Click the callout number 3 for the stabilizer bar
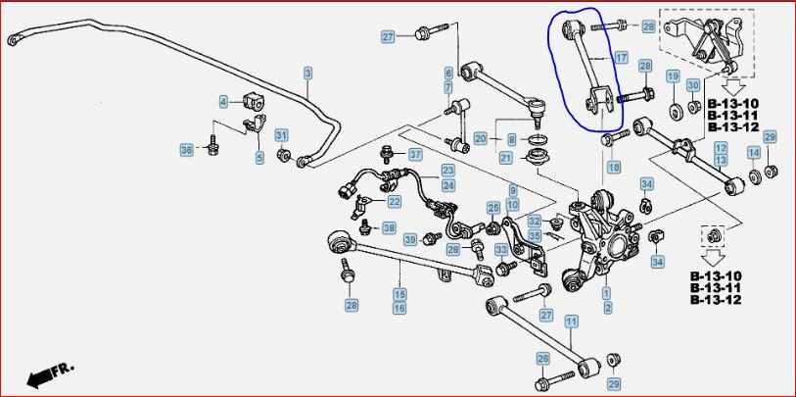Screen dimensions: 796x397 point(308,74)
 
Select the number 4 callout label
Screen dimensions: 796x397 point(223,102)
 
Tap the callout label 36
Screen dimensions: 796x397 point(187,150)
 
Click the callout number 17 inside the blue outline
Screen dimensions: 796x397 point(622,58)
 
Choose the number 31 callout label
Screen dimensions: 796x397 point(281,135)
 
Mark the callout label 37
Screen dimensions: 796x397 point(415,154)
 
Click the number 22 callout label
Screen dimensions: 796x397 point(394,202)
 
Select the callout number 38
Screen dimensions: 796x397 point(389,228)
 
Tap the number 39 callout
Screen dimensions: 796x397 point(411,239)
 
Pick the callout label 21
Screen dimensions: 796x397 point(505,158)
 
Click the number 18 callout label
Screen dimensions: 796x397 point(614,167)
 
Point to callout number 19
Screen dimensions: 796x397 point(673,77)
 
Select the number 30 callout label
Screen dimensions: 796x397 point(693,85)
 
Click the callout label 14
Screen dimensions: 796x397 point(754,153)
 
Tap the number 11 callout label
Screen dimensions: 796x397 point(572,322)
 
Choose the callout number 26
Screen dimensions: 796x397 point(542,359)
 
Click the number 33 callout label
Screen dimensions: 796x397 point(501,250)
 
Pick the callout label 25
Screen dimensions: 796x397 point(493,208)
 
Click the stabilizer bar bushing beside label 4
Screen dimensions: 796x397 point(255,101)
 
